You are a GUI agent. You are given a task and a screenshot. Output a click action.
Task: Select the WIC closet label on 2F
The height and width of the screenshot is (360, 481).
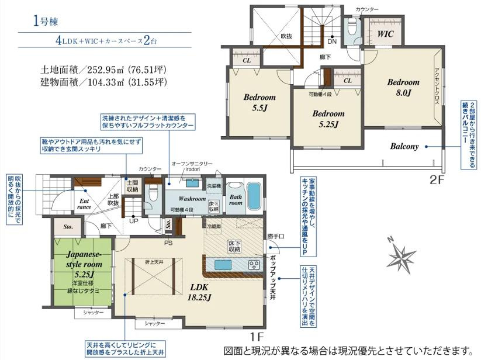385,34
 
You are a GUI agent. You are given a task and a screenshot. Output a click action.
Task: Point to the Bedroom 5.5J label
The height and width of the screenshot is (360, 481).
259,102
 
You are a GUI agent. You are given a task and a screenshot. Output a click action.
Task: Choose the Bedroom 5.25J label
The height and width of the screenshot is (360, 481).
328,119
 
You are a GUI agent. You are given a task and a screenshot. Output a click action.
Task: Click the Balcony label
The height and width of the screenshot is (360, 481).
404,146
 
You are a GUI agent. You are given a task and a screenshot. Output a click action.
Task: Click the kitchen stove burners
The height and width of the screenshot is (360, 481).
255,264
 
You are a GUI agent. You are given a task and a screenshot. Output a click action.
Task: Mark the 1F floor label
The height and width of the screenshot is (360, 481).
258,337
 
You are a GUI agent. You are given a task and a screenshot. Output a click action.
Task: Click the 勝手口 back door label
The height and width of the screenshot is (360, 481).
276,237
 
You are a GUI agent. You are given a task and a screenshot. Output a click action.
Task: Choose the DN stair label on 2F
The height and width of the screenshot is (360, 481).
331,41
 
